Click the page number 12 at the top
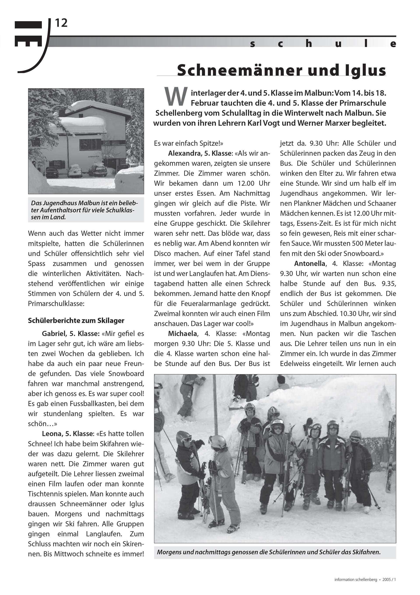coord(61,23)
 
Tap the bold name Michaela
coord(182,334)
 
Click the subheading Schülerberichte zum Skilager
coord(76,321)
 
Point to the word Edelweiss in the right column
coord(295,364)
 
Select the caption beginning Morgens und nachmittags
coord(269,552)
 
